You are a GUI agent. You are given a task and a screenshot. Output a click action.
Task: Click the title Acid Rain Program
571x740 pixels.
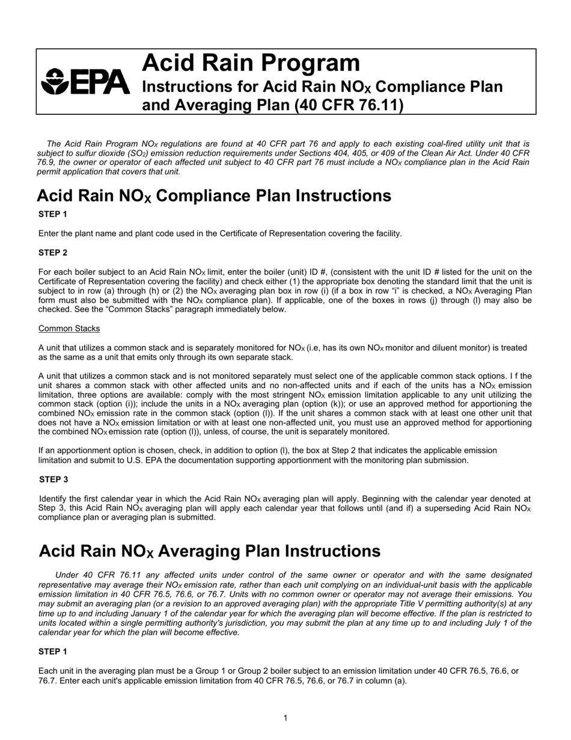coord(251,63)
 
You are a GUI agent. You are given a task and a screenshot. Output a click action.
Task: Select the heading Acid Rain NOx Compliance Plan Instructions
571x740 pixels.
coord(213,196)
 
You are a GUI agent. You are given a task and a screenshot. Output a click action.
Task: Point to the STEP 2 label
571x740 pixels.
coord(53,253)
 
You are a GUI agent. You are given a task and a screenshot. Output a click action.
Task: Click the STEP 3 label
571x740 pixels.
coord(53,479)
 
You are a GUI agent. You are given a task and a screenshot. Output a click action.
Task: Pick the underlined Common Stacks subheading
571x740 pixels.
coord(69,328)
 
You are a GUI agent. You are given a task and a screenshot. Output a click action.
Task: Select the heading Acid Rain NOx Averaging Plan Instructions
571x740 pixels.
coord(209,552)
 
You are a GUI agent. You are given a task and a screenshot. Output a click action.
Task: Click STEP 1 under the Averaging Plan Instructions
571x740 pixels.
coord(53,652)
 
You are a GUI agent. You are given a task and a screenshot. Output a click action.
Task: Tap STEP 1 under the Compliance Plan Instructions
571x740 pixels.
coord(53,214)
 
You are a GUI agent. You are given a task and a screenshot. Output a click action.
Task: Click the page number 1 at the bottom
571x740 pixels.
coord(285,718)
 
